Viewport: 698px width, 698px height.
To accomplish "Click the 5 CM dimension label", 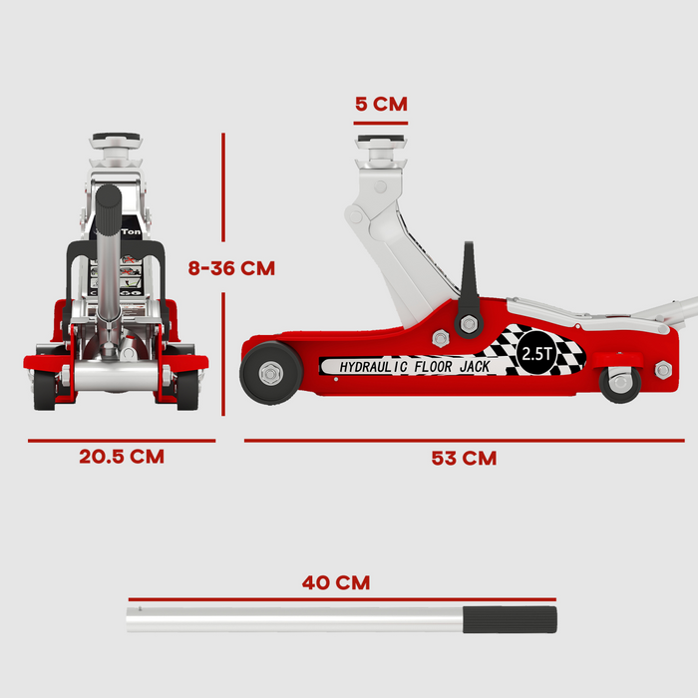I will [x=380, y=104].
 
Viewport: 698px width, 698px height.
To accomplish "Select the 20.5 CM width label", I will [x=122, y=457].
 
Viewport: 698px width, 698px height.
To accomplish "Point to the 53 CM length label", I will [x=464, y=459].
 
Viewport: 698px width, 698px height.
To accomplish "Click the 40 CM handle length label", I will [x=335, y=583].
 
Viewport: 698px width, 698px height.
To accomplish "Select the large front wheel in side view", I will [x=271, y=373].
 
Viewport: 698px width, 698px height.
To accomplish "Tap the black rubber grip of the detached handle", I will [x=509, y=619].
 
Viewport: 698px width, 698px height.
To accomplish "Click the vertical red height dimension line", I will [x=223, y=269].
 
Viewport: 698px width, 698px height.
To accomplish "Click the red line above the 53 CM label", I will [x=464, y=440].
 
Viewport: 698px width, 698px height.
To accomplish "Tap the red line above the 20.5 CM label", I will [x=122, y=440].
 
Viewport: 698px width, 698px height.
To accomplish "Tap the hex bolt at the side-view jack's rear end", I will [x=663, y=370].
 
